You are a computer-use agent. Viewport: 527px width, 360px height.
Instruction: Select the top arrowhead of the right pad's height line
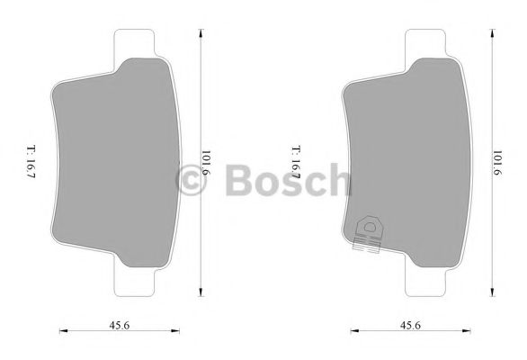(x=492, y=32)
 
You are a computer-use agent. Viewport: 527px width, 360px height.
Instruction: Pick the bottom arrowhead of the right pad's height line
(x=492, y=291)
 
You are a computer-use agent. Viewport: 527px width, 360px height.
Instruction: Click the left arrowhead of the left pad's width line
(x=62, y=329)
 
